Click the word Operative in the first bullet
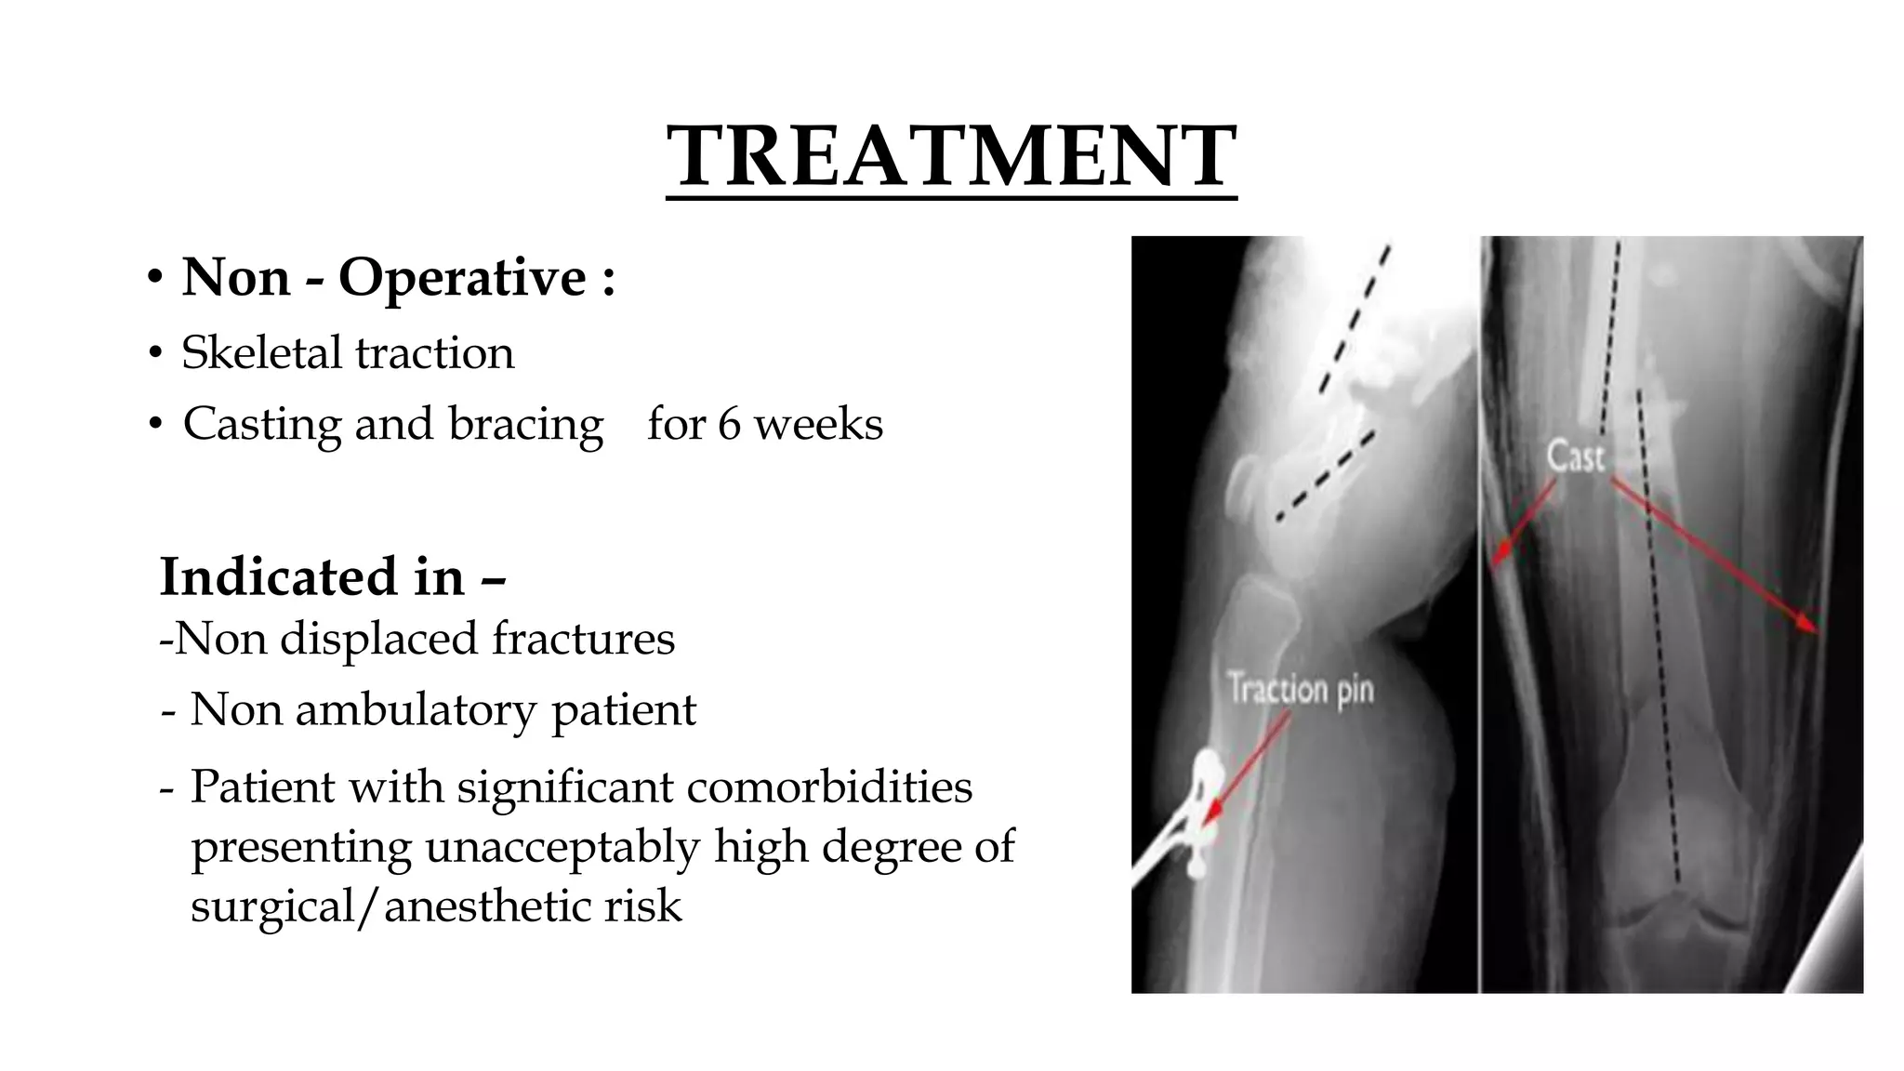[461, 278]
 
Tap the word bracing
[526, 425]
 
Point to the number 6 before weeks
[729, 425]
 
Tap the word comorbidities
[829, 787]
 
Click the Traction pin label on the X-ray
[1300, 690]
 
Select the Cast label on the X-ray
[1575, 456]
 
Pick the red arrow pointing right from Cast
[1716, 557]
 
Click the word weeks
[817, 425]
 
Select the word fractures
[583, 639]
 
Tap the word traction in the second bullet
[434, 353]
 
